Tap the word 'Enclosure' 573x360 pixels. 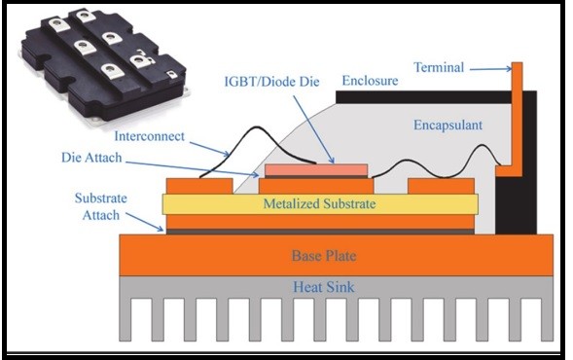click(x=371, y=80)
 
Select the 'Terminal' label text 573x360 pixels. click(x=439, y=67)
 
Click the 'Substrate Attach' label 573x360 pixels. click(x=100, y=205)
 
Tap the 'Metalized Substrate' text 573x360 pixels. click(x=319, y=204)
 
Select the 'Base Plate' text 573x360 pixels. click(x=325, y=256)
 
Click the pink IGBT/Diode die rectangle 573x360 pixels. click(x=316, y=170)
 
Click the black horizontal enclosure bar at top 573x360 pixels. click(x=418, y=98)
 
